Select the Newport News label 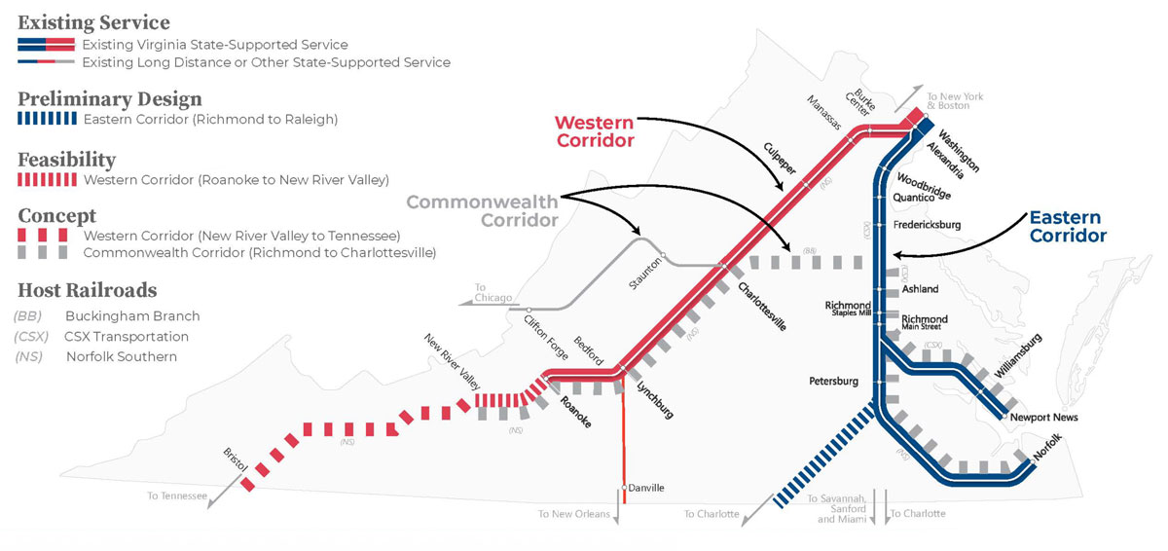(1044, 418)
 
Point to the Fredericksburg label (927, 225)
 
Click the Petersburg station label (833, 382)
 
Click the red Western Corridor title (595, 131)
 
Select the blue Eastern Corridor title (1066, 226)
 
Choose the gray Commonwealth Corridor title (482, 210)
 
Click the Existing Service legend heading (93, 22)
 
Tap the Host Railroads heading (87, 290)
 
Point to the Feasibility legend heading (67, 160)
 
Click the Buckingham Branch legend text (132, 316)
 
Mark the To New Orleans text (573, 513)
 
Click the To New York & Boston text (955, 100)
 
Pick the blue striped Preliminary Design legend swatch (47, 119)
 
